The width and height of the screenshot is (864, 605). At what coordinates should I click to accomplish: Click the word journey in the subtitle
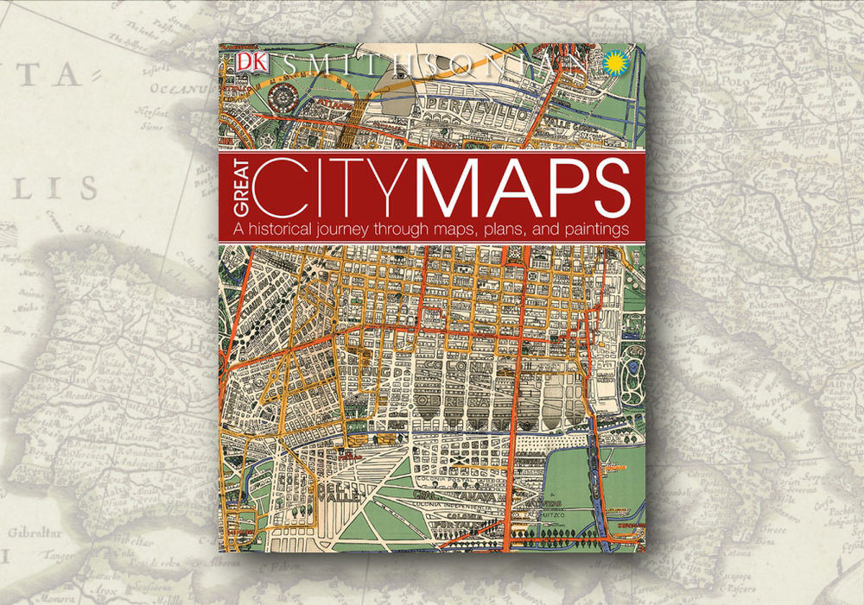point(349,230)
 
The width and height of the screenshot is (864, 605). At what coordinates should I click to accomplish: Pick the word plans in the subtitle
point(506,230)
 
